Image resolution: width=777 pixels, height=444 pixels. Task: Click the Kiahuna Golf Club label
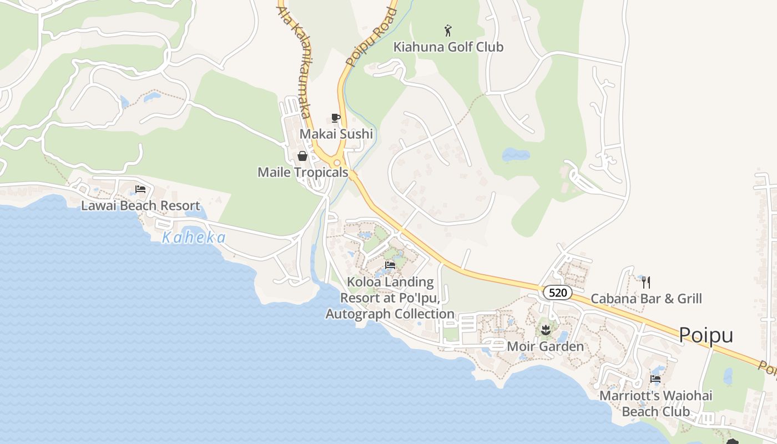coord(448,47)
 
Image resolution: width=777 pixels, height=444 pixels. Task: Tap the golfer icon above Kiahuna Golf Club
coord(448,31)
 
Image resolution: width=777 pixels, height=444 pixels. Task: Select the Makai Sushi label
coord(336,134)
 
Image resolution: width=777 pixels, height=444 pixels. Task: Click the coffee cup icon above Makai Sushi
coord(335,118)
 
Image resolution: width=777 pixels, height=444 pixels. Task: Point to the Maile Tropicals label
coord(302,172)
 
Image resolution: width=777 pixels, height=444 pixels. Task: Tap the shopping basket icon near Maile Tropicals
coord(302,156)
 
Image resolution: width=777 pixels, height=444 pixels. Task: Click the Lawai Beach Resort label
coord(140,205)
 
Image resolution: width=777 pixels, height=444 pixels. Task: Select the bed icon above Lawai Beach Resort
coord(140,189)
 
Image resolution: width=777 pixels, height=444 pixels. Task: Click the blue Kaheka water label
coord(194,238)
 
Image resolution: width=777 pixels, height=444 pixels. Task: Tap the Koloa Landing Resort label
coord(390,298)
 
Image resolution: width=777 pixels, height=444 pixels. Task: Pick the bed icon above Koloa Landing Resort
coord(390,265)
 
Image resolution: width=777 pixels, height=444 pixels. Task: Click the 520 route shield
coord(557,292)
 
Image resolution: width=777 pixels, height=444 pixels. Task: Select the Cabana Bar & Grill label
coord(646,299)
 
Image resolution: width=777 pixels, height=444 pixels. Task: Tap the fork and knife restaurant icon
coord(646,282)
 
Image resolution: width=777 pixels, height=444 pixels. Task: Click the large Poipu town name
coord(706,335)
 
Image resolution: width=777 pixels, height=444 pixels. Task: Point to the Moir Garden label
coord(546,347)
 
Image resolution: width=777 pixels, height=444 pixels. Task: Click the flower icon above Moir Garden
coord(546,330)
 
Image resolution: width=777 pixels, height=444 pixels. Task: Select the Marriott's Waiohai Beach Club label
coord(656,403)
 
